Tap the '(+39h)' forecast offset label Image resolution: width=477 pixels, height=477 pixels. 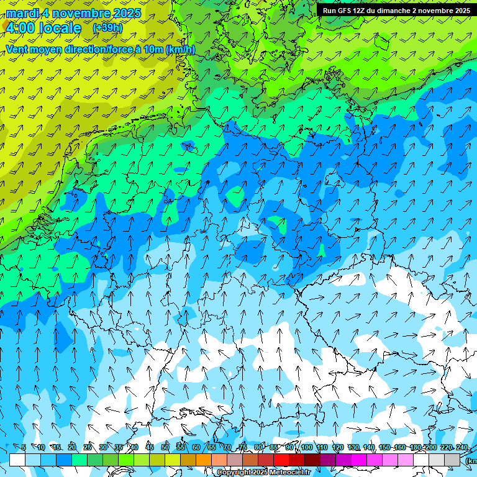(x=107, y=28)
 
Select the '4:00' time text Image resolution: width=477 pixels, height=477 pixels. (x=20, y=28)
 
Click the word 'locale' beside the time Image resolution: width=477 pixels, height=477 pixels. (x=60, y=28)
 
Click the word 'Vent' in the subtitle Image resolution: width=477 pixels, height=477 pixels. (x=18, y=49)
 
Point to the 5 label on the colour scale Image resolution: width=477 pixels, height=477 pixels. (x=24, y=448)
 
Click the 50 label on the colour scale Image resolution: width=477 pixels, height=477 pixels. (x=165, y=448)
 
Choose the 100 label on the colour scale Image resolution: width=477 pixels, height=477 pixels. (x=306, y=448)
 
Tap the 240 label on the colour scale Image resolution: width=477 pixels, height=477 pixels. (x=462, y=448)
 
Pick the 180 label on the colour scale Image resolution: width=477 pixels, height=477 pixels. (x=416, y=448)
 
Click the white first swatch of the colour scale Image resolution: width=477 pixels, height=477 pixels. (x=17, y=460)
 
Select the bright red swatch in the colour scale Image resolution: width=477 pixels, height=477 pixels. (x=281, y=460)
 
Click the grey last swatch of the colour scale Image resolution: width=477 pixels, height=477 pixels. (x=452, y=460)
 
